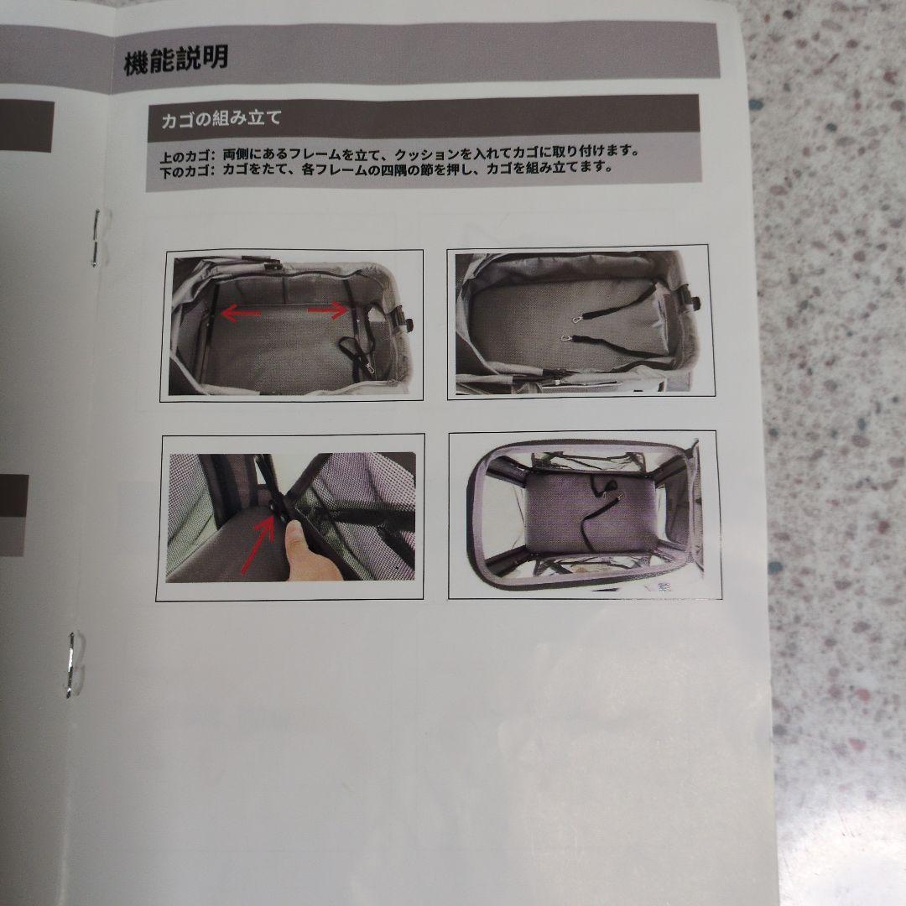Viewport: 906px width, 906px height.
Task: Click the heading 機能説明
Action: coord(175,61)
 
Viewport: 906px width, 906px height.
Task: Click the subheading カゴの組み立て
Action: coord(221,118)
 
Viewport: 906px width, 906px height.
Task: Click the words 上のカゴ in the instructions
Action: coord(186,156)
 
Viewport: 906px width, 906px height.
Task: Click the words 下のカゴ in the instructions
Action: coord(186,170)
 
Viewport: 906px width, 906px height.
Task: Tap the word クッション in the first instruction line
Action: coord(431,154)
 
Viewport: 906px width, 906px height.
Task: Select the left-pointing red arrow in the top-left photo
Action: coord(241,314)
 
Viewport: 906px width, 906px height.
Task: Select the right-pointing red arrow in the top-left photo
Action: coord(328,310)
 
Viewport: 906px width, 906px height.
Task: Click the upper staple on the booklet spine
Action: coord(96,237)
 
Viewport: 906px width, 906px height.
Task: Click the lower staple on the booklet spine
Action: coord(74,663)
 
